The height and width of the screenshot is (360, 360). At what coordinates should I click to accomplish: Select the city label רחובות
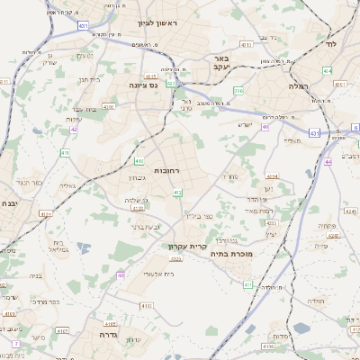[x=167, y=170]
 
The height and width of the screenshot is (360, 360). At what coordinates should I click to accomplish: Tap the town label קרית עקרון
[x=187, y=246]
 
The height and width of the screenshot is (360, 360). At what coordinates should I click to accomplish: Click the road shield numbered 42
[x=73, y=130]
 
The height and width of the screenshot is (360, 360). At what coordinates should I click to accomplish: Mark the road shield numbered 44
[x=329, y=162]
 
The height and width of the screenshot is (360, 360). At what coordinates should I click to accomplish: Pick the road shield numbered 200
[x=238, y=91]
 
